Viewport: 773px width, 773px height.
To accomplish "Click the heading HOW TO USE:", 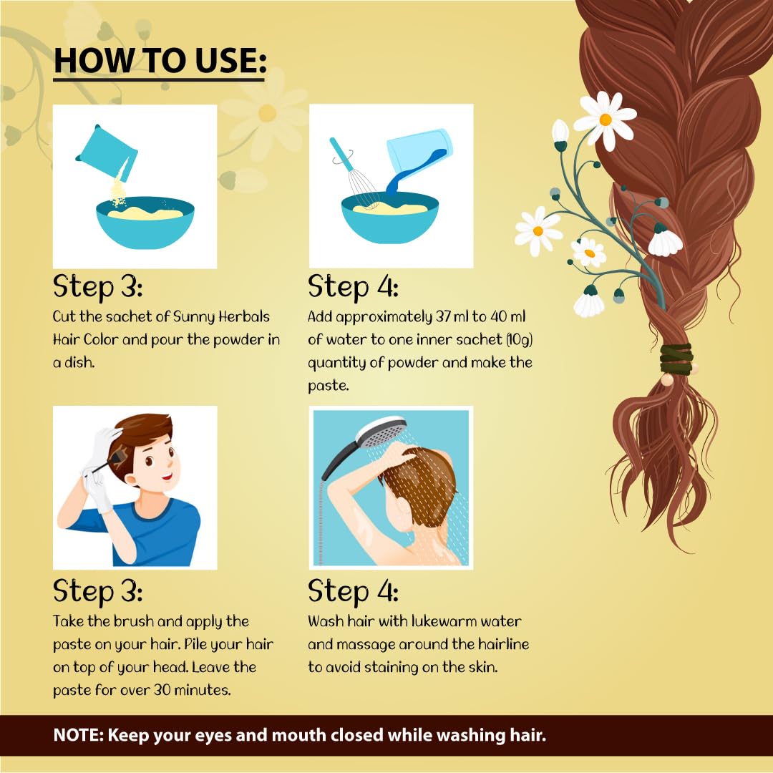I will coord(160,61).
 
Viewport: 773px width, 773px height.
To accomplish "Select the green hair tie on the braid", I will coord(676,359).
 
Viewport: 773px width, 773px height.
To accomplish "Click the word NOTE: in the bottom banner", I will coord(79,735).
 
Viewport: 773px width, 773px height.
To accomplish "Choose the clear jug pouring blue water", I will coord(419,154).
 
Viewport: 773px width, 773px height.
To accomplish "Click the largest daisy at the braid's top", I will coord(605,119).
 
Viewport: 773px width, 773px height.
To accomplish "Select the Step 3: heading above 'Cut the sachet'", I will coord(98,288).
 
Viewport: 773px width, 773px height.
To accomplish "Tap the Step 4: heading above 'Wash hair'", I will coord(353,592).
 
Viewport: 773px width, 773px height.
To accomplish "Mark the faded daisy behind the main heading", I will coord(266,112).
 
